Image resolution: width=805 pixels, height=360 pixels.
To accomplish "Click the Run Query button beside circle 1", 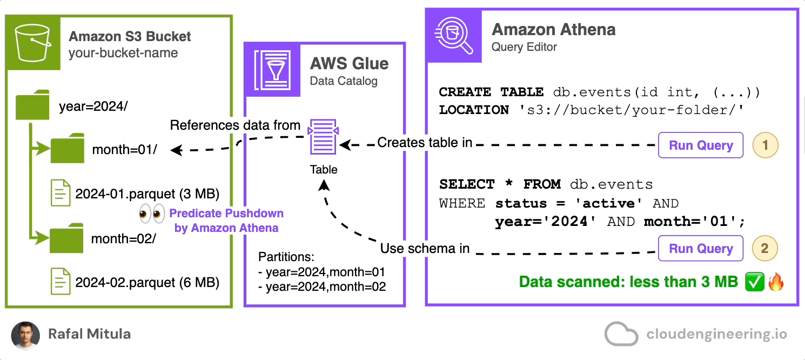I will (x=701, y=145).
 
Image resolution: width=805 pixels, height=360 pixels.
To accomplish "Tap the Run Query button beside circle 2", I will (x=701, y=249).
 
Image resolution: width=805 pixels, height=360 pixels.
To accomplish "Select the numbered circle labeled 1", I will (x=764, y=145).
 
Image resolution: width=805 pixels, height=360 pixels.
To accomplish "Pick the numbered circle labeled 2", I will (x=764, y=249).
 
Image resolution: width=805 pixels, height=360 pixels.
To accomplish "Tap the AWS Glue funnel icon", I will (x=273, y=68).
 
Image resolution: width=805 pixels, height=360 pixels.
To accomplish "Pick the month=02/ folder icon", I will (x=67, y=239).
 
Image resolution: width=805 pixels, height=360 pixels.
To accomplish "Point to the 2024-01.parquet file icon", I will (x=61, y=192).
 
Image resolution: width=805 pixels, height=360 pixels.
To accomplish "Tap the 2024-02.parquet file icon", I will (x=61, y=281).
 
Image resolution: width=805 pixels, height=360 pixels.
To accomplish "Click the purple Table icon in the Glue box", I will (x=323, y=137).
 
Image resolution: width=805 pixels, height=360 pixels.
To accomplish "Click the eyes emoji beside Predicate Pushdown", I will (x=151, y=214).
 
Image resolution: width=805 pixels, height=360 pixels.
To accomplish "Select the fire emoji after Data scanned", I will (x=775, y=282).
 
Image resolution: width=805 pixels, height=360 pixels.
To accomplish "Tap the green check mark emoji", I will (x=753, y=282).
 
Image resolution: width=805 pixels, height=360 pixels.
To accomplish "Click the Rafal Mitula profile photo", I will (x=25, y=335).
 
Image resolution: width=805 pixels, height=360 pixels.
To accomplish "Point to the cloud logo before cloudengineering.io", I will (x=621, y=334).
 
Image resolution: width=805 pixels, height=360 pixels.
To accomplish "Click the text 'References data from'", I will (x=235, y=125).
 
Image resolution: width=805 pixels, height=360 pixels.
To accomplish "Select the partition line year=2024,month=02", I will (x=323, y=286).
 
